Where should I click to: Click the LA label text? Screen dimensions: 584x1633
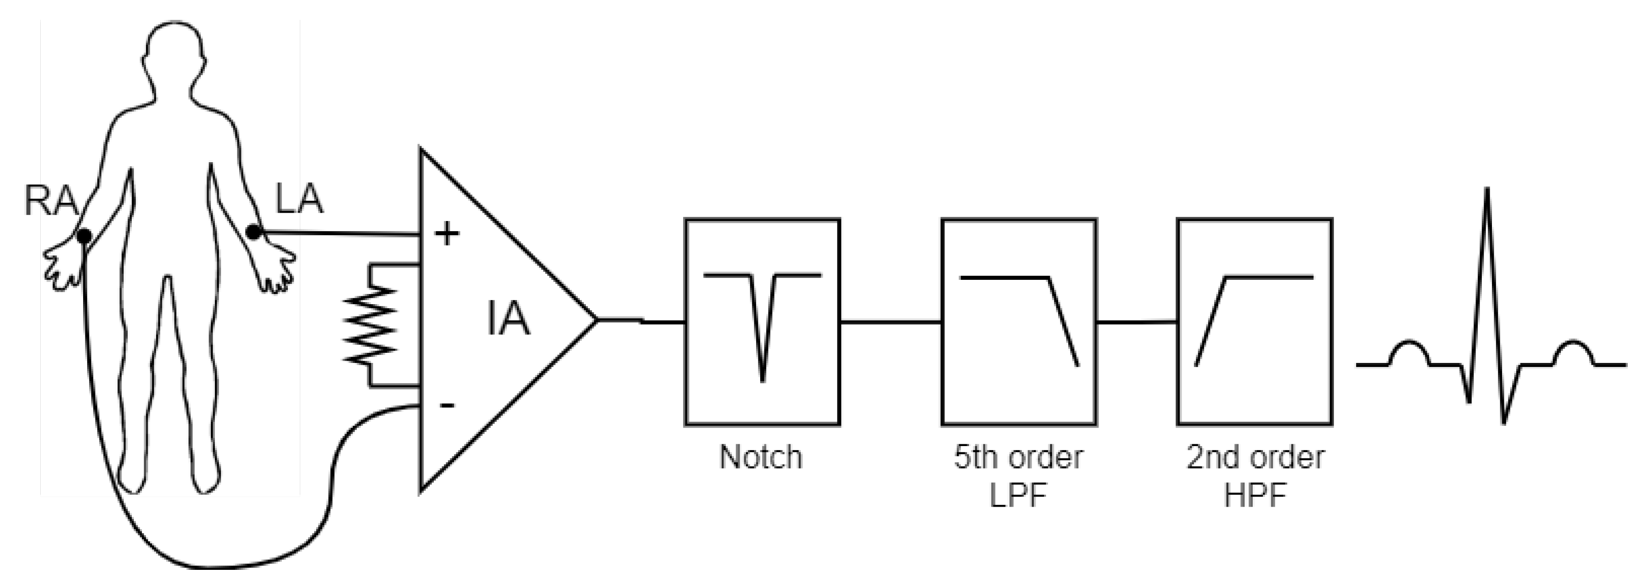pyautogui.click(x=299, y=199)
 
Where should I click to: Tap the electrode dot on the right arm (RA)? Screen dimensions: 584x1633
pyautogui.click(x=84, y=237)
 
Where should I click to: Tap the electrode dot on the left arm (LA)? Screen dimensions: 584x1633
pyautogui.click(x=253, y=233)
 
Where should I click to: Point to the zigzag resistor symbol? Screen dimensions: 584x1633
pyautogui.click(x=371, y=324)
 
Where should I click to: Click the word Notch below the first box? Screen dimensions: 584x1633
pyautogui.click(x=761, y=457)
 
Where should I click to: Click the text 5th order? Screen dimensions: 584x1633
pyautogui.click(x=1018, y=457)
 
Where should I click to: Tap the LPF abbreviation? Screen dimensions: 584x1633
pyautogui.click(x=1018, y=495)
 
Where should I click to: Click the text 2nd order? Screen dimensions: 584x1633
pyautogui.click(x=1255, y=457)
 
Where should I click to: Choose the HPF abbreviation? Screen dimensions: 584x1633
pyautogui.click(x=1255, y=495)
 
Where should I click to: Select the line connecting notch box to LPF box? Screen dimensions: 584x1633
pyautogui.click(x=891, y=322)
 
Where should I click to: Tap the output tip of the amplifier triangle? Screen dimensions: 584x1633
pyautogui.click(x=596, y=320)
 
